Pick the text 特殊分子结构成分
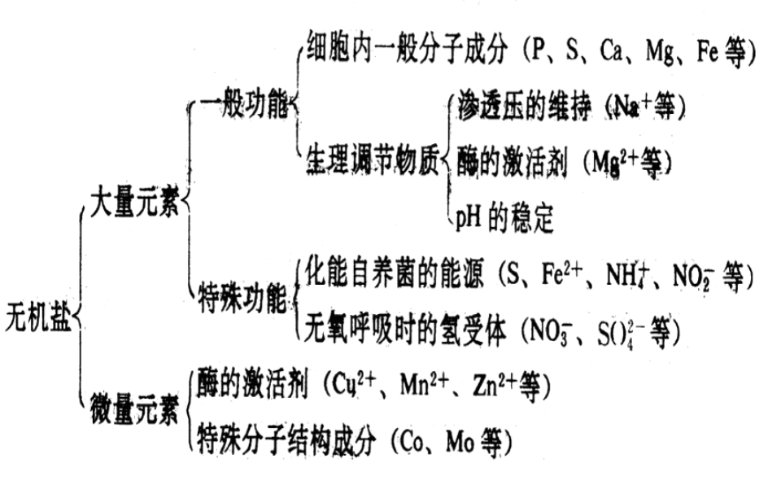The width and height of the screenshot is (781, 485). tap(286, 440)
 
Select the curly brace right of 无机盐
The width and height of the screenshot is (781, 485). tap(80, 313)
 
